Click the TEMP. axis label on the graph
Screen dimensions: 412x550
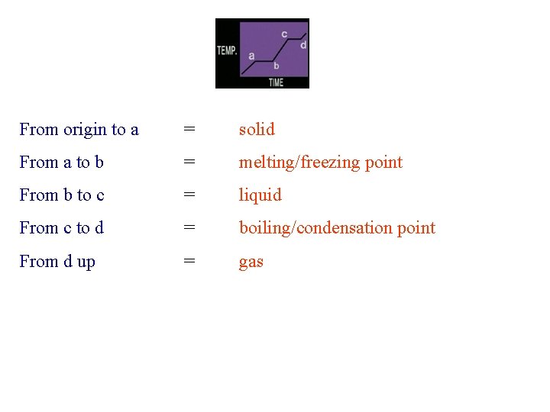pos(227,51)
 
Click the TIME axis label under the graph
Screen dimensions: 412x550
pos(276,82)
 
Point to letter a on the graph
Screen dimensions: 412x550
pos(251,55)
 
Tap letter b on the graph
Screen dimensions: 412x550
pos(276,66)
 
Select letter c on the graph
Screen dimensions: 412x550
pos(284,34)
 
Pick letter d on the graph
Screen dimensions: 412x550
pos(303,45)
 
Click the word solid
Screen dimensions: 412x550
pos(257,130)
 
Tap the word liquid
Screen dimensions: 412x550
pos(260,195)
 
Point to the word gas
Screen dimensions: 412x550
pos(251,262)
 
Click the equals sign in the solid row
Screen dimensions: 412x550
pos(189,130)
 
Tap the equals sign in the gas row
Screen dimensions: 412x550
pos(189,261)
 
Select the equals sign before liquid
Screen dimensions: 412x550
pos(189,195)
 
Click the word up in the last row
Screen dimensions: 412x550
pos(86,262)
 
